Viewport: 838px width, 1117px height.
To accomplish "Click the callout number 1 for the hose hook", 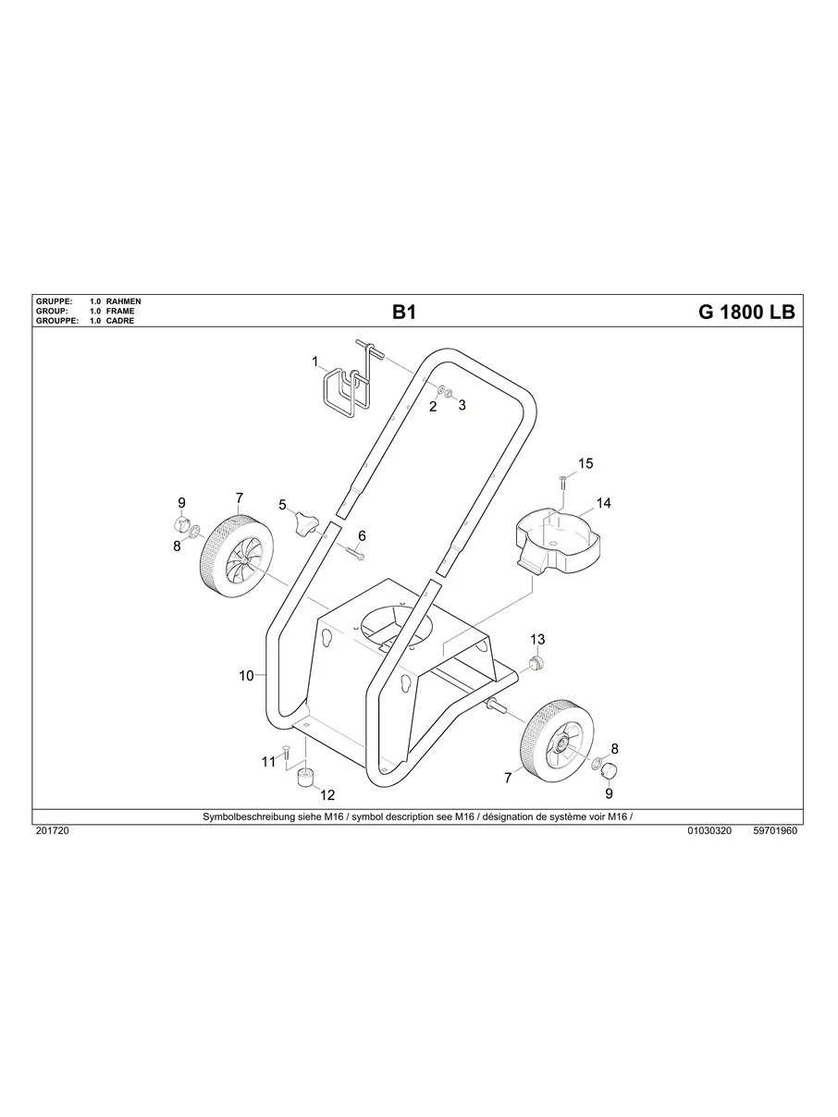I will (314, 361).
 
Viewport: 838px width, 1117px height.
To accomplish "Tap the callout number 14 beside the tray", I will (603, 504).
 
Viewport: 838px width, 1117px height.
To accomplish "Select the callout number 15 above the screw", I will (585, 463).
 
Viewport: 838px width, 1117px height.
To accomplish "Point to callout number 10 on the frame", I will (246, 676).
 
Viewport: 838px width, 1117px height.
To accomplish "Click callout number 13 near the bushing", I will (537, 640).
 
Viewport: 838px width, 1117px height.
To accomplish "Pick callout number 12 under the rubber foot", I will (327, 795).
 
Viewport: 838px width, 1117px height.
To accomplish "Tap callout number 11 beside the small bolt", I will (268, 762).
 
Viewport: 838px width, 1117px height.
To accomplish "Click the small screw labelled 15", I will (562, 481).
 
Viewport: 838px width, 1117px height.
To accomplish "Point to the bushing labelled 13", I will (535, 662).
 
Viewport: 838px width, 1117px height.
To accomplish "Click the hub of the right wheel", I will (561, 743).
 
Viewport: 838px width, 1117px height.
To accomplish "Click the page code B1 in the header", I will (404, 313).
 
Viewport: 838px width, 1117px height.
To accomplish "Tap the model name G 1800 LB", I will (746, 313).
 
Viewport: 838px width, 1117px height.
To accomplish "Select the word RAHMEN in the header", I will (124, 302).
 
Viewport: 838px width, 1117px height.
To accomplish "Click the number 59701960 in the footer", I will (775, 831).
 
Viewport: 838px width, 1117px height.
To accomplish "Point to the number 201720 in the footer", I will (52, 831).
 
